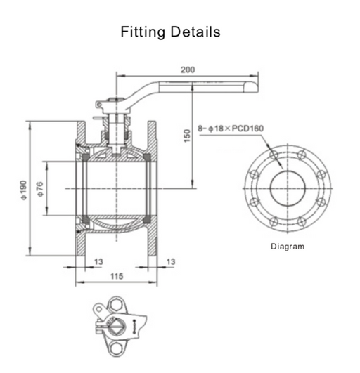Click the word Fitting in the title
point(143,32)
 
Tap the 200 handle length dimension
point(188,70)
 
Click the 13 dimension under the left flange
point(98,261)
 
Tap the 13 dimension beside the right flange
point(170,261)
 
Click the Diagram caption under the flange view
point(288,247)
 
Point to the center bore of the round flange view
point(288,188)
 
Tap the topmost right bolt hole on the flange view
point(302,155)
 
